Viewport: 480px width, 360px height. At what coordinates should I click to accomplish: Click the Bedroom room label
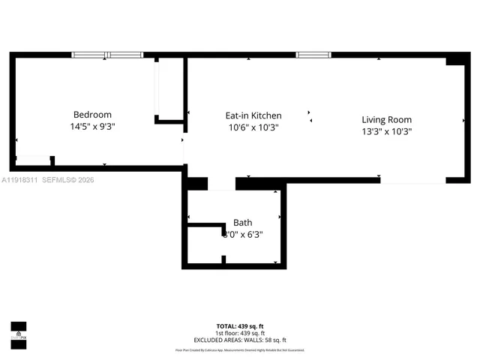[x=92, y=115]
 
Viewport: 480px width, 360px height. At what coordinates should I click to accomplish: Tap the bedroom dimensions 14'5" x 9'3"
[x=92, y=127]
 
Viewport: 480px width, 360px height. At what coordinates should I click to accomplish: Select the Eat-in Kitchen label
[x=253, y=115]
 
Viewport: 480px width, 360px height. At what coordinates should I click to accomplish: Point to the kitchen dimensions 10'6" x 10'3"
[x=253, y=127]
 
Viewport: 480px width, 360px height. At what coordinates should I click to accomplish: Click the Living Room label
[x=386, y=119]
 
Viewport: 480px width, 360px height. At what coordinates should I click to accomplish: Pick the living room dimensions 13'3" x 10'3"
[x=386, y=131]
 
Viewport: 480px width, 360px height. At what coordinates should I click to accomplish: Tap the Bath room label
[x=242, y=223]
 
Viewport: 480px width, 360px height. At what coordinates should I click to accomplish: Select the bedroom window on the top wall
[x=106, y=55]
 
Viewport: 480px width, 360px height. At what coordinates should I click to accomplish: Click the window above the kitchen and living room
[x=313, y=55]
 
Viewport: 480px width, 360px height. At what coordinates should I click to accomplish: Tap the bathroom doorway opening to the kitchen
[x=221, y=184]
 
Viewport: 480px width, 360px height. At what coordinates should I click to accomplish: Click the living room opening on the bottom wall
[x=412, y=181]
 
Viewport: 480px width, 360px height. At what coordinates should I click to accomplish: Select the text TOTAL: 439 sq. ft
[x=240, y=326]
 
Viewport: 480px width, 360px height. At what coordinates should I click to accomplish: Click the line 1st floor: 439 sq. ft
[x=240, y=332]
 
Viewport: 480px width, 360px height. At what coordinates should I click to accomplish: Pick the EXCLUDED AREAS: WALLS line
[x=240, y=339]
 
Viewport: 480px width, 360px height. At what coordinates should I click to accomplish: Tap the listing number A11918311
[x=19, y=180]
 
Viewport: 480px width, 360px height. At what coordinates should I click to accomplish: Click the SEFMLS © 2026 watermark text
[x=68, y=180]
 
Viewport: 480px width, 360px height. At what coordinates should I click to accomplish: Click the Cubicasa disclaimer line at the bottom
[x=240, y=349]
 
